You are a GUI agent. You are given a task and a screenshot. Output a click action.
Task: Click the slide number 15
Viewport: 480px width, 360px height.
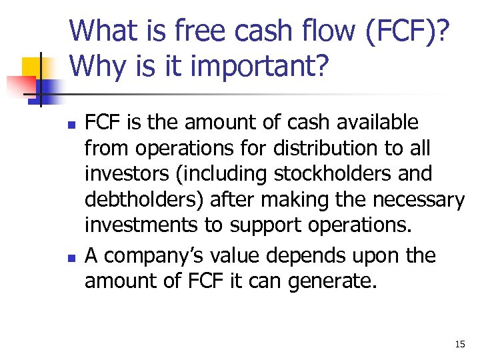coord(459,344)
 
